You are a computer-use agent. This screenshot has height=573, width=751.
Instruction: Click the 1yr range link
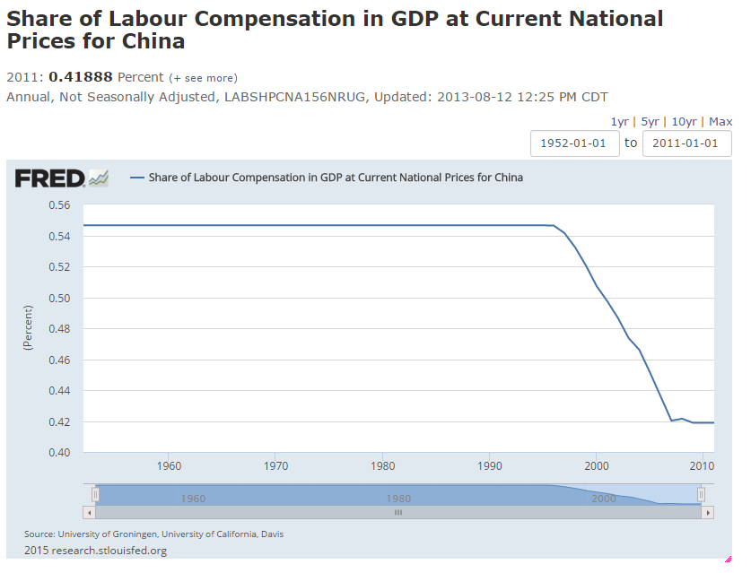pyautogui.click(x=619, y=122)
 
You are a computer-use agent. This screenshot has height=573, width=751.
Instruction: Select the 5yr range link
pyautogui.click(x=650, y=122)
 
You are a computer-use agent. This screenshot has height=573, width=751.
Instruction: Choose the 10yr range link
pyautogui.click(x=684, y=122)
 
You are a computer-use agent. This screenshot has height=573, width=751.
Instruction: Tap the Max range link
pyautogui.click(x=720, y=122)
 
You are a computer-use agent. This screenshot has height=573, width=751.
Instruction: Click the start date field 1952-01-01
pyautogui.click(x=574, y=143)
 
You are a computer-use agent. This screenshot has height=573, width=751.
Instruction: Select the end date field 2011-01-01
pyautogui.click(x=686, y=143)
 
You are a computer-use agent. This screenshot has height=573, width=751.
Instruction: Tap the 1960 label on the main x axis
pyautogui.click(x=169, y=466)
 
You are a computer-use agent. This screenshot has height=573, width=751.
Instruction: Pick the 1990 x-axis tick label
pyautogui.click(x=490, y=466)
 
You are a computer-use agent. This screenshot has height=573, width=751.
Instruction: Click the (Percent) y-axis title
pyautogui.click(x=28, y=328)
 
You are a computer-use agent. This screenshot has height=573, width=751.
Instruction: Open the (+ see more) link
pyautogui.click(x=204, y=78)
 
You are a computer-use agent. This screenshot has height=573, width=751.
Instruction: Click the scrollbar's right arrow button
pyautogui.click(x=708, y=513)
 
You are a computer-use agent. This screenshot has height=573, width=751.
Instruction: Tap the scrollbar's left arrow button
pyautogui.click(x=88, y=513)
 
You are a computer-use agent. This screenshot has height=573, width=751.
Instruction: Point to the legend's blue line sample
pyautogui.click(x=137, y=178)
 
